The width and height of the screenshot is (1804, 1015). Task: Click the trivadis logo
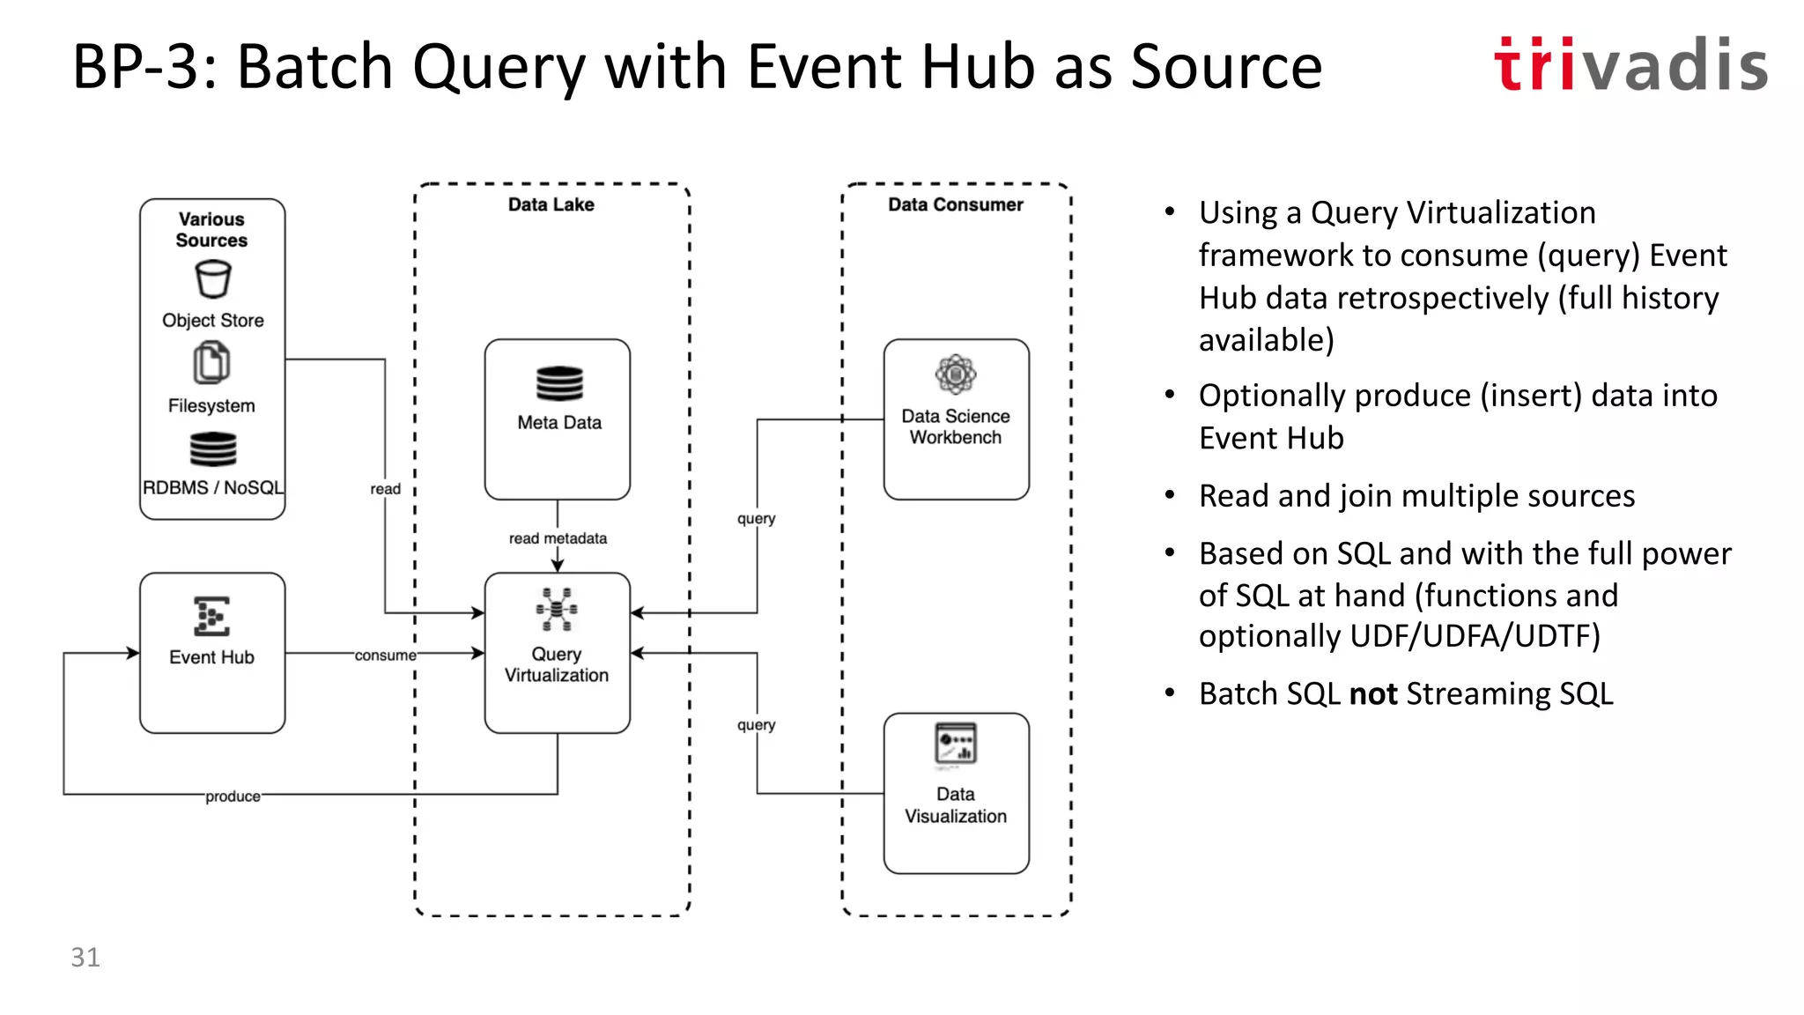(1630, 65)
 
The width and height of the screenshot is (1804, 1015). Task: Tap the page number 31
(85, 957)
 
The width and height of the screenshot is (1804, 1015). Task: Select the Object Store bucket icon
(212, 280)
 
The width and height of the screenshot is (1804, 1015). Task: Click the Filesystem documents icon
(211, 363)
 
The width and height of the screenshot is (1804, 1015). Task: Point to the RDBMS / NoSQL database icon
(213, 449)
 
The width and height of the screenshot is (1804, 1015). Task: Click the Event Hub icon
(211, 616)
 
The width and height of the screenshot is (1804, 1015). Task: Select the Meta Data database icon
(559, 384)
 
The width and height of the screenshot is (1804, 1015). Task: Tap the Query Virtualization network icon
(557, 610)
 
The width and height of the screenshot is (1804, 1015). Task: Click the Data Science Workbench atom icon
(956, 375)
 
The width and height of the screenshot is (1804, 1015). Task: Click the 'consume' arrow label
(385, 656)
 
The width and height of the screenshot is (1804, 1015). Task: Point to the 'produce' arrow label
(233, 796)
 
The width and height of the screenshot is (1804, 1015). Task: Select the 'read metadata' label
(558, 538)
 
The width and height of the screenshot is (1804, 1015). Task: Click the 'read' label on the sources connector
(385, 489)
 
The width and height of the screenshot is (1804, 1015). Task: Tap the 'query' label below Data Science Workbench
(757, 519)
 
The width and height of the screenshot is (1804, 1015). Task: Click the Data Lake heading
(551, 204)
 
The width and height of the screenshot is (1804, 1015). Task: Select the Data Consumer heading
(956, 204)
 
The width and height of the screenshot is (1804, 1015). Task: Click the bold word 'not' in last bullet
(1373, 694)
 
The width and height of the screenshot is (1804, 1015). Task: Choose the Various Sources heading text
(211, 229)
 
